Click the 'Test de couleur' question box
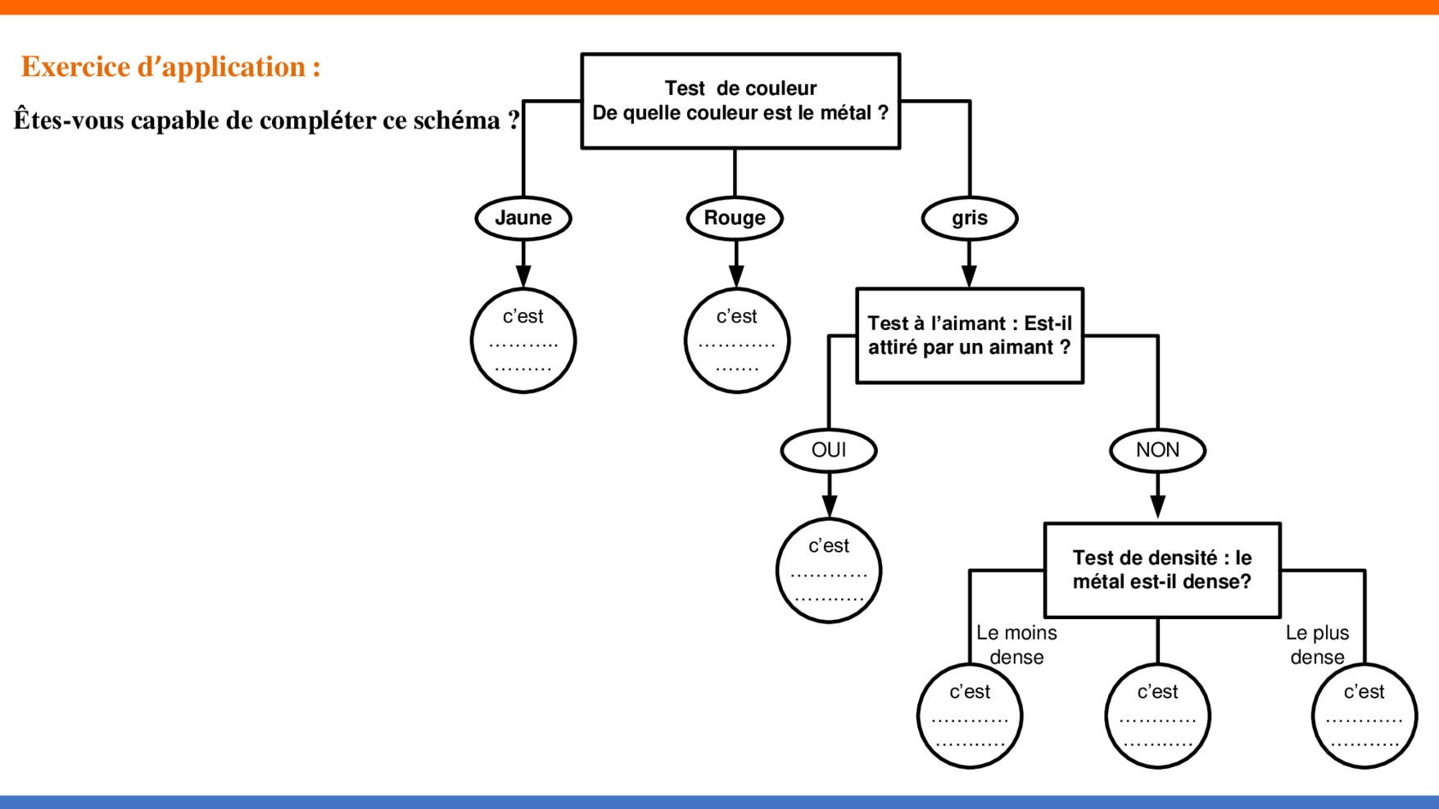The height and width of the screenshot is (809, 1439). [740, 101]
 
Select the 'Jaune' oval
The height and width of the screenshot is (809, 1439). [523, 218]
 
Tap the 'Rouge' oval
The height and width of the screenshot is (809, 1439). [735, 218]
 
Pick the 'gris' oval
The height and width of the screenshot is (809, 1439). [970, 218]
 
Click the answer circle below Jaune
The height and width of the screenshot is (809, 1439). [523, 341]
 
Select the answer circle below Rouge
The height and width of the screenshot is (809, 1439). [736, 341]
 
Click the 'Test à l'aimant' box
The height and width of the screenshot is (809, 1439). [970, 335]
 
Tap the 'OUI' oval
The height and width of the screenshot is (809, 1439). [829, 450]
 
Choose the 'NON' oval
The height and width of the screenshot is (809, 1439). [1157, 450]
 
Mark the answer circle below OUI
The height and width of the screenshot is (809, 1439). [829, 571]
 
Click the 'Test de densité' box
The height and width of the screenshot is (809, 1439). [1162, 570]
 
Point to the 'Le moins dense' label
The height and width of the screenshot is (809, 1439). [1016, 644]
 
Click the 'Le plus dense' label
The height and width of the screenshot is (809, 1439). [1317, 644]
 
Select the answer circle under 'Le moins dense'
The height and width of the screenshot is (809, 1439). [970, 716]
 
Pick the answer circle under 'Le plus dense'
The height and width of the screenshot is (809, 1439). [1364, 716]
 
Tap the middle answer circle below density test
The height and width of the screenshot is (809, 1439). [1157, 716]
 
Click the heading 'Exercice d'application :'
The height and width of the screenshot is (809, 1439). [170, 66]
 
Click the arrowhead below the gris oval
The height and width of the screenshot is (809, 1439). [970, 276]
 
